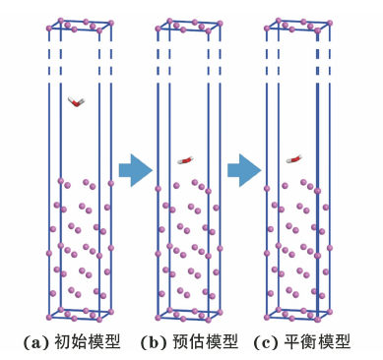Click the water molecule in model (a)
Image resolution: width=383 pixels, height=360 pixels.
[77, 102]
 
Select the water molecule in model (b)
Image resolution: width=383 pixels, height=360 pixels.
[186, 160]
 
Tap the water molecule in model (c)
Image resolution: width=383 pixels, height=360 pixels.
[294, 159]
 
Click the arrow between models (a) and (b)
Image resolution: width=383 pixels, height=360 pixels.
[136, 170]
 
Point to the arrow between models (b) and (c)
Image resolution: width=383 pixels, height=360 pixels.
[244, 170]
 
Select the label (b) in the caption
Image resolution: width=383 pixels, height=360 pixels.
[154, 343]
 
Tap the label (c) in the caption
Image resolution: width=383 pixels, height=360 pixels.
[266, 343]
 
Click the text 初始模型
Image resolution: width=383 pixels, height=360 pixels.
[87, 342]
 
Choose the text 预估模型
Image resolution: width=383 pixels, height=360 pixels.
[205, 342]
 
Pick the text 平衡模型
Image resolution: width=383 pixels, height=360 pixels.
[317, 342]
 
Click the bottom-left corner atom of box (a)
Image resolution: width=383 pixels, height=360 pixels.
[49, 317]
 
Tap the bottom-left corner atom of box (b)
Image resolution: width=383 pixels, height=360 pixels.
[158, 318]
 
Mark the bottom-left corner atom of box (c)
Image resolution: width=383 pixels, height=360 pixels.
[267, 317]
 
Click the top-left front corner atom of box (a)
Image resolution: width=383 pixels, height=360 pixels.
[49, 29]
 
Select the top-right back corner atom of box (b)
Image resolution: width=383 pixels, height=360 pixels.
[221, 24]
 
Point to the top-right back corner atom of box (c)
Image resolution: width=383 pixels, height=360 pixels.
[330, 23]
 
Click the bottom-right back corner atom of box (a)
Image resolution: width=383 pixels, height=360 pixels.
[111, 312]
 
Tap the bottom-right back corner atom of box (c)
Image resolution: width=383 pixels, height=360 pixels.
[330, 312]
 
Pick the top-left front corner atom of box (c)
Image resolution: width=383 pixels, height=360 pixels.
[267, 29]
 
